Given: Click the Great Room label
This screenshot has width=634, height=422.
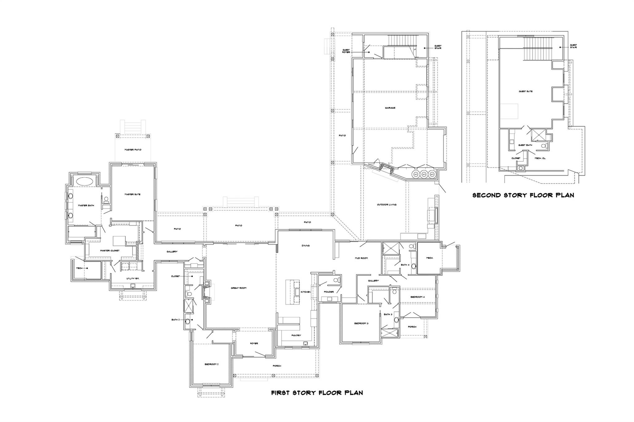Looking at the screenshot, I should coord(238,288).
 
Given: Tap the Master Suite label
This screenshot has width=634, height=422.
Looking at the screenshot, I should coord(133,194).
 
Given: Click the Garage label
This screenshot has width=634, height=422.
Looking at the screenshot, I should coord(390,108).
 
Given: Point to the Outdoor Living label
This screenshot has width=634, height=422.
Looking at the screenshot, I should coord(387,205).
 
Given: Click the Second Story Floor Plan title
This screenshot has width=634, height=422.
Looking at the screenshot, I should coord(523,195).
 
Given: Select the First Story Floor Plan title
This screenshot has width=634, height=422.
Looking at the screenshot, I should coord(317,393).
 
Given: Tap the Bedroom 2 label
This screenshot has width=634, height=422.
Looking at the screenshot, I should coord(211,364).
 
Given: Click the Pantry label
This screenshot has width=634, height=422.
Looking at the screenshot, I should coord(296,335).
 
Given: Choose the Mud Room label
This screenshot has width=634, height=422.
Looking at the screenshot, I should coord(361,258).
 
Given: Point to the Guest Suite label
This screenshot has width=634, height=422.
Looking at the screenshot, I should coord(526,92).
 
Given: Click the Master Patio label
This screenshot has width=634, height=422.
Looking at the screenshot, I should coord(133,150).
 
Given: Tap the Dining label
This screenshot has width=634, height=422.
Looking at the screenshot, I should coord(306,245).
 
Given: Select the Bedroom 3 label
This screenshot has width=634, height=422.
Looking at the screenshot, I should coord(361,323).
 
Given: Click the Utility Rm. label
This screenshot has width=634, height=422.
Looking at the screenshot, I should coord(133,279).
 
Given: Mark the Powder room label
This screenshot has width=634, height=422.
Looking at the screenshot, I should coord(329,292).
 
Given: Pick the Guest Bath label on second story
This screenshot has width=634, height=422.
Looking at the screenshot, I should coord(525,145).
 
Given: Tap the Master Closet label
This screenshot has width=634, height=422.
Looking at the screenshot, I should coord(110,250).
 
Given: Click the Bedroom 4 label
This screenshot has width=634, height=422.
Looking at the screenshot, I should coord(418,297).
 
